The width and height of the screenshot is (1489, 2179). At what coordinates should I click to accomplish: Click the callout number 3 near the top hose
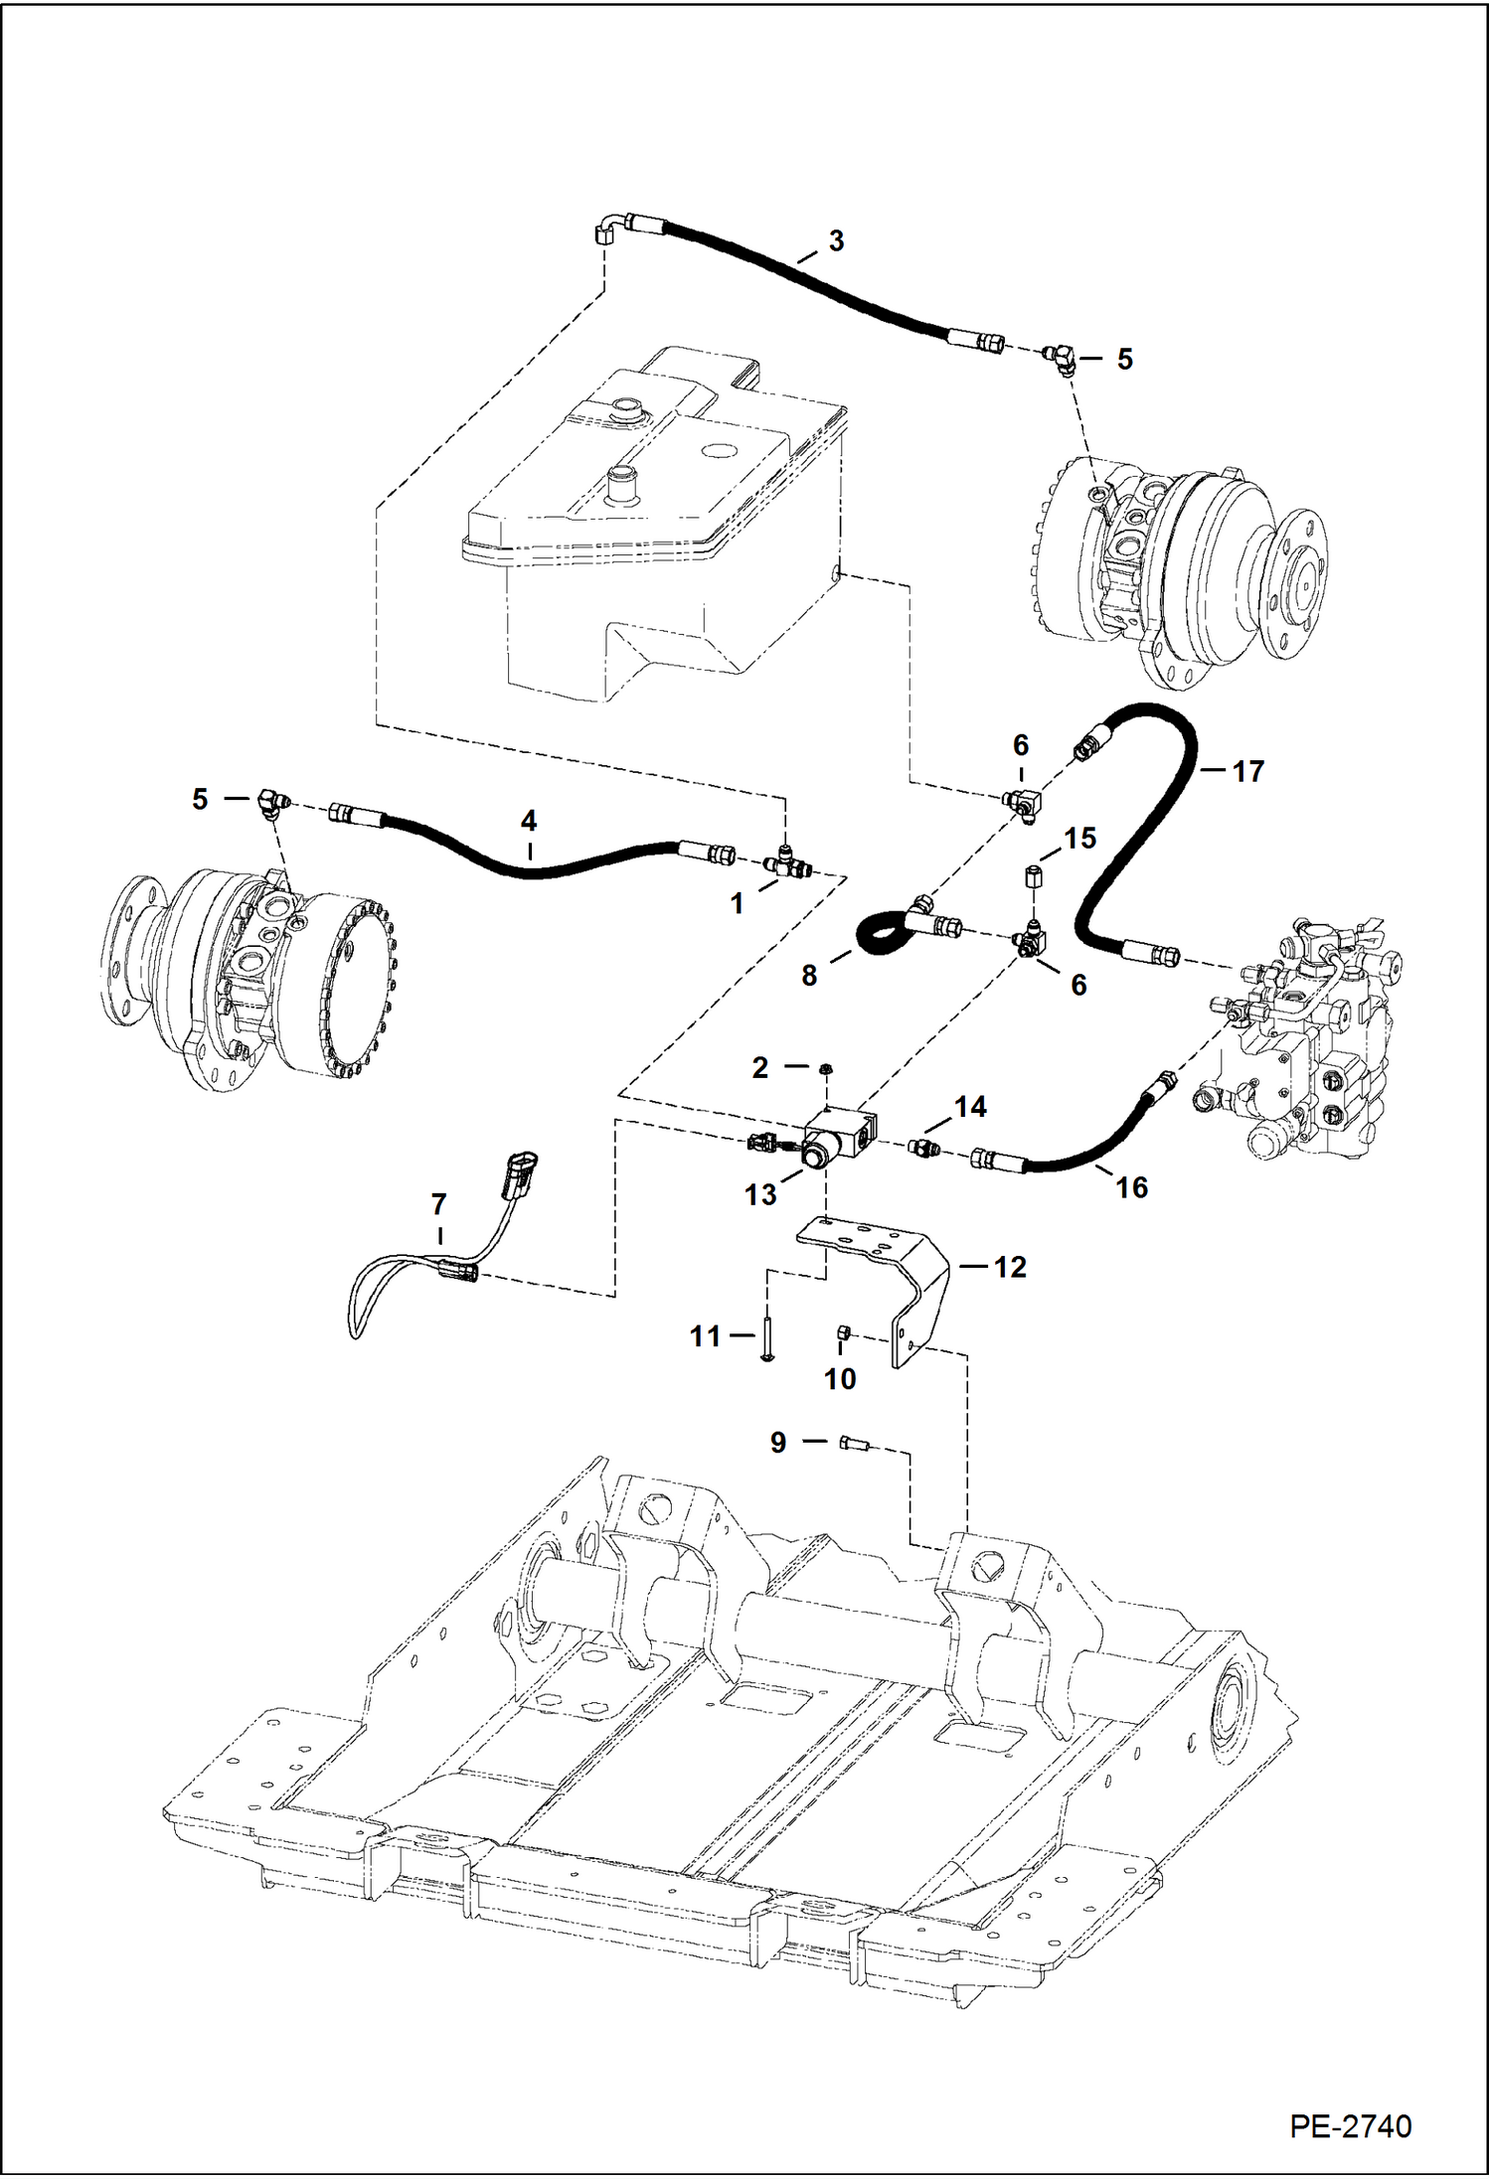pyautogui.click(x=836, y=241)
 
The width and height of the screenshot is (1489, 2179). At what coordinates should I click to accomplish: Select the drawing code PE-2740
pyautogui.click(x=1350, y=2126)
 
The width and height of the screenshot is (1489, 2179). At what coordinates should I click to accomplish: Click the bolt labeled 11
pyautogui.click(x=766, y=1338)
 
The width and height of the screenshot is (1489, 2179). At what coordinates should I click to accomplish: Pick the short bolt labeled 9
pyautogui.click(x=854, y=1443)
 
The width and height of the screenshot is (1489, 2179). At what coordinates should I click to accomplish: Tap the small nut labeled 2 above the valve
pyautogui.click(x=826, y=1068)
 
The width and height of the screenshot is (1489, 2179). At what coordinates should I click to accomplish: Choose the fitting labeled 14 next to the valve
pyautogui.click(x=925, y=1150)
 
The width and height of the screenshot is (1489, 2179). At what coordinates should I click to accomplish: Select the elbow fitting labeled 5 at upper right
pyautogui.click(x=1060, y=358)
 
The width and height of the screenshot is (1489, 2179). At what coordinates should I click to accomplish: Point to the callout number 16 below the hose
pyautogui.click(x=1131, y=1187)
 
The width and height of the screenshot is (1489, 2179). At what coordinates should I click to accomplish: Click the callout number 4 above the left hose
pyautogui.click(x=529, y=821)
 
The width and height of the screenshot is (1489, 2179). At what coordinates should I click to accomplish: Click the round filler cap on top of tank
pyautogui.click(x=627, y=406)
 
